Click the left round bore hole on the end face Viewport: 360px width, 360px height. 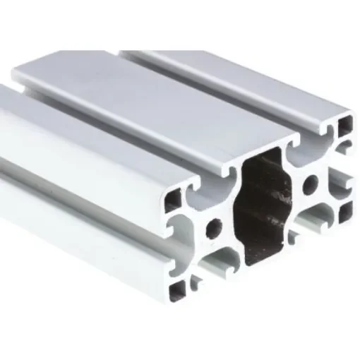(214, 228)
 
